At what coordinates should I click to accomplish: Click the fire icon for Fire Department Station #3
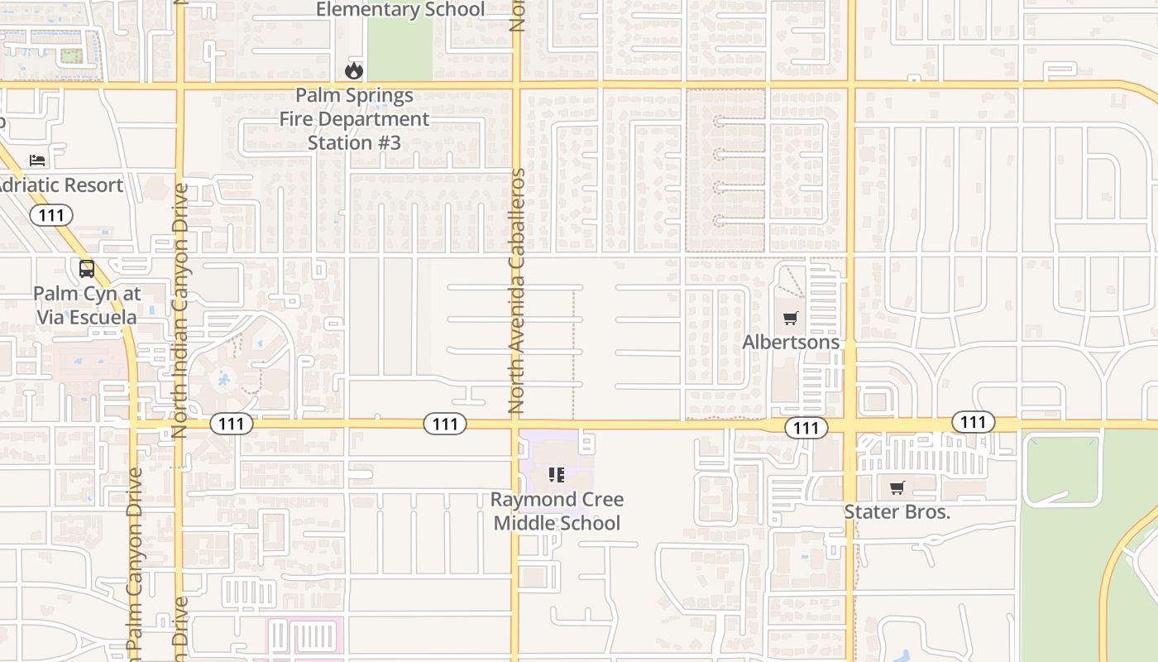pyautogui.click(x=354, y=70)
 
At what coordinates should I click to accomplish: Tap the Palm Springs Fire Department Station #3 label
pyautogui.click(x=354, y=119)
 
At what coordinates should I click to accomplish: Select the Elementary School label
pyautogui.click(x=400, y=10)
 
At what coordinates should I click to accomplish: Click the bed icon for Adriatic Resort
pyautogui.click(x=37, y=160)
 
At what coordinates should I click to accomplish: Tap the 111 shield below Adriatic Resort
pyautogui.click(x=51, y=216)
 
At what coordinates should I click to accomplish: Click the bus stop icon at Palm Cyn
pyautogui.click(x=87, y=269)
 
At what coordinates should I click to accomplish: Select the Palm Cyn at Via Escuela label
pyautogui.click(x=87, y=305)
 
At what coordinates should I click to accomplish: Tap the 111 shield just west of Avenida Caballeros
pyautogui.click(x=445, y=425)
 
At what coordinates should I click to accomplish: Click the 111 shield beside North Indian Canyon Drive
pyautogui.click(x=232, y=425)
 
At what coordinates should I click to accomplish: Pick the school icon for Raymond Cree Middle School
pyautogui.click(x=557, y=475)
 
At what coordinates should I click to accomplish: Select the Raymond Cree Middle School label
pyautogui.click(x=557, y=511)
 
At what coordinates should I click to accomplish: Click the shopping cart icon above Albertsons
pyautogui.click(x=791, y=318)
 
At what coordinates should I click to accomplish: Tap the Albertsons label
pyautogui.click(x=791, y=342)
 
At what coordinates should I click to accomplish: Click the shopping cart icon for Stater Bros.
pyautogui.click(x=897, y=488)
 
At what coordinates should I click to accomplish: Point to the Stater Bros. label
pyautogui.click(x=897, y=512)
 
